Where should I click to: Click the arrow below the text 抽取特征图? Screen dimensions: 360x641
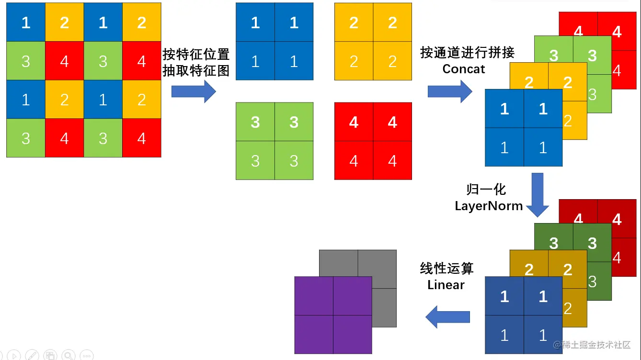[x=194, y=91]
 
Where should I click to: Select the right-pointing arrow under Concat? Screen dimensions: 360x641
[x=450, y=91]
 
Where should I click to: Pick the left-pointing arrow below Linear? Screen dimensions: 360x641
[x=448, y=317]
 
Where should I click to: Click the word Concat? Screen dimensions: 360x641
[x=463, y=69]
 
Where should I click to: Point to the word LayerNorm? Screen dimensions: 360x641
[x=488, y=206]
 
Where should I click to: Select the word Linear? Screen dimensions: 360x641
[x=446, y=285]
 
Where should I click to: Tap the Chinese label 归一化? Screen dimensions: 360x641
[x=486, y=190]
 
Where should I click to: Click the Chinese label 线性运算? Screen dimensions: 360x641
[x=446, y=269]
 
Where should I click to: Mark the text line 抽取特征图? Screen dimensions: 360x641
[x=196, y=71]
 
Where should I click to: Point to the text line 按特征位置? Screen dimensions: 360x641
[x=196, y=54]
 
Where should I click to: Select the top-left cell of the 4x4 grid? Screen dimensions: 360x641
[x=26, y=22]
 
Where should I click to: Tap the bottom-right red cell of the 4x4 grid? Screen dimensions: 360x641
[x=141, y=138]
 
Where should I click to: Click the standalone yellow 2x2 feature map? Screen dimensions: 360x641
[x=373, y=42]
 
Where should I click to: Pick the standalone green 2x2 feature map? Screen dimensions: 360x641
[x=275, y=141]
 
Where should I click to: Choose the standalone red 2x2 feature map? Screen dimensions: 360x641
[x=373, y=141]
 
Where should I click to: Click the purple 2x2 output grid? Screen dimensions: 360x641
[x=333, y=315]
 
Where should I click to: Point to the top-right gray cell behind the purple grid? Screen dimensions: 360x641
[x=377, y=263]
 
